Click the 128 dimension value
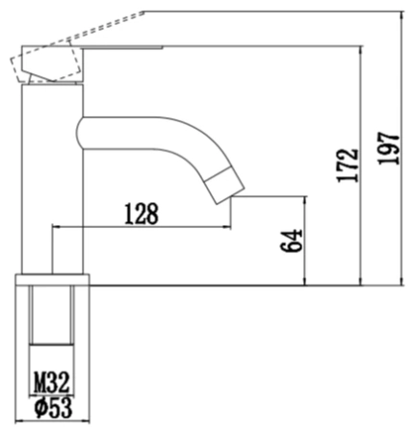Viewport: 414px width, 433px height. (x=142, y=214)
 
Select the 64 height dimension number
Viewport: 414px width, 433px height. (x=292, y=241)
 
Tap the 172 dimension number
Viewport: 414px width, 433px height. (x=348, y=166)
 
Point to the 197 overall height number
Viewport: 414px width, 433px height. (x=389, y=148)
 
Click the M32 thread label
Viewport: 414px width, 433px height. (x=52, y=383)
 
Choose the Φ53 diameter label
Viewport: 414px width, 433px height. (x=54, y=408)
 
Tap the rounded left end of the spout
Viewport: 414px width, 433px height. (x=80, y=133)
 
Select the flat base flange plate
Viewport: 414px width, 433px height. (x=52, y=280)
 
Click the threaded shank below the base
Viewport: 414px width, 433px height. (x=52, y=316)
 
